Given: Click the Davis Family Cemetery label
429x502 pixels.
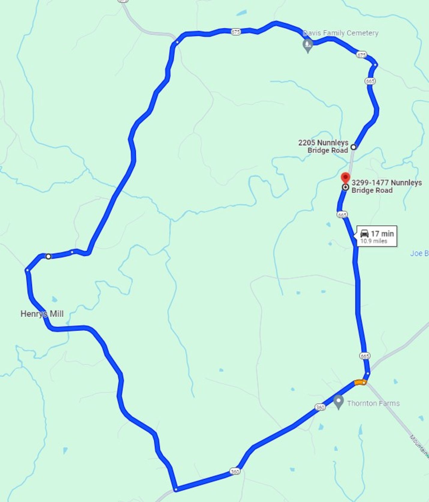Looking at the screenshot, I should pyautogui.click(x=340, y=33).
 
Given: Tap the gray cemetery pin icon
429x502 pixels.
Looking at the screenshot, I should pyautogui.click(x=307, y=45).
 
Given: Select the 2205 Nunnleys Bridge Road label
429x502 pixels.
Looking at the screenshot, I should pyautogui.click(x=323, y=146).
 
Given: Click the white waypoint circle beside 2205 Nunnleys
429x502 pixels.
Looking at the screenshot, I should pyautogui.click(x=354, y=147).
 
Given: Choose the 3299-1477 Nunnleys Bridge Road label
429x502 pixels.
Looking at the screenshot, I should pyautogui.click(x=386, y=186).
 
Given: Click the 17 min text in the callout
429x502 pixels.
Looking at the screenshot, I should pyautogui.click(x=382, y=233).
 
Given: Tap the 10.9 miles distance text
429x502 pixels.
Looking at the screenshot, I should pyautogui.click(x=374, y=241).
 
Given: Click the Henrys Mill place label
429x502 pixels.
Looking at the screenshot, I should pyautogui.click(x=42, y=314).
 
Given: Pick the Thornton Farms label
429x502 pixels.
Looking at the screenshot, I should pyautogui.click(x=373, y=403).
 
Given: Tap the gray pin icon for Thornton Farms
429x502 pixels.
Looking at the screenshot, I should pyautogui.click(x=339, y=401).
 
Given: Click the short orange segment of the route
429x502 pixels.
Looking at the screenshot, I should pyautogui.click(x=360, y=382).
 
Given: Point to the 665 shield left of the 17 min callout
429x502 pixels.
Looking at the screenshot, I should pyautogui.click(x=342, y=214).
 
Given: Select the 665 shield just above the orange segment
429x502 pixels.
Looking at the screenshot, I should pyautogui.click(x=364, y=356).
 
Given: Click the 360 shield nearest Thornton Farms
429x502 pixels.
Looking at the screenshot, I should pyautogui.click(x=320, y=407).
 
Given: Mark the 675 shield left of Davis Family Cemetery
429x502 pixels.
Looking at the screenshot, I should pyautogui.click(x=236, y=32).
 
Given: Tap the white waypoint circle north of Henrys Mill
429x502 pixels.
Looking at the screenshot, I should pyautogui.click(x=48, y=256).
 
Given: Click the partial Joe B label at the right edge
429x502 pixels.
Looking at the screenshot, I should pyautogui.click(x=419, y=253).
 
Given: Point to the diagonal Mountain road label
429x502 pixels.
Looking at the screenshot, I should pyautogui.click(x=418, y=445).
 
